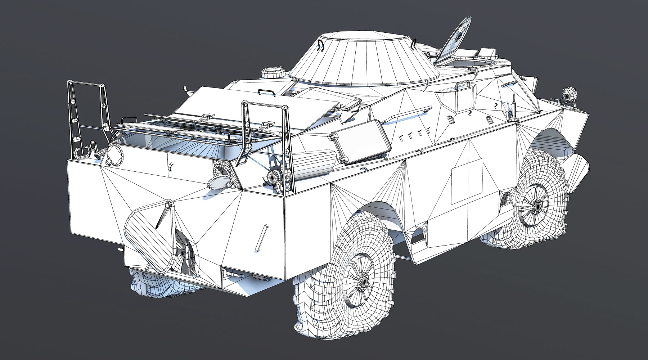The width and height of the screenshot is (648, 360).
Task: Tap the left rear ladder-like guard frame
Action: (x=88, y=115)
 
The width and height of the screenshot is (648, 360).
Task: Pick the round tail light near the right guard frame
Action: (x=274, y=177)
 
